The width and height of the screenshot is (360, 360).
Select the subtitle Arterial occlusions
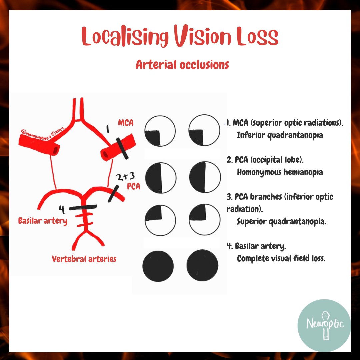tap(182, 64)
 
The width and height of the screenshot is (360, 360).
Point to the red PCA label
tap(133, 186)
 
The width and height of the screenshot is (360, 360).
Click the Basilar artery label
tap(43, 221)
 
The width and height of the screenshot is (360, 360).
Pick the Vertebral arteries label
tap(84, 259)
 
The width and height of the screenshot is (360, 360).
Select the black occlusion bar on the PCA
tap(112, 194)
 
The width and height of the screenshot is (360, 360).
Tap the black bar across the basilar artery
tap(83, 207)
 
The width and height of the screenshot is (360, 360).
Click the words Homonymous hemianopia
tap(280, 172)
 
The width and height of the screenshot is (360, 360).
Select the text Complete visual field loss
tap(281, 258)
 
